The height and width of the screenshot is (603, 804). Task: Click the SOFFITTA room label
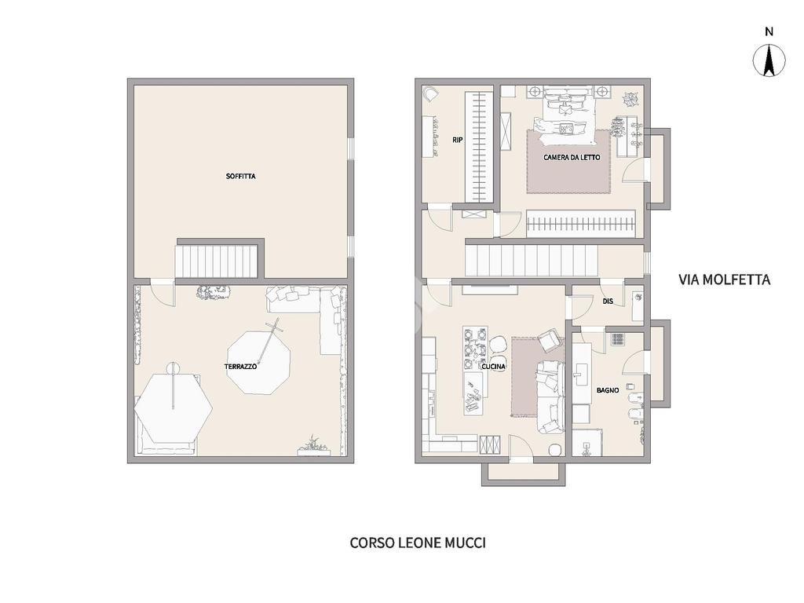(240, 177)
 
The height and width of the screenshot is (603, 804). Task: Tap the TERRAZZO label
(240, 367)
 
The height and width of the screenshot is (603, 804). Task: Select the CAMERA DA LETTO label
(572, 157)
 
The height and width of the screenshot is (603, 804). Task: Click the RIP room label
(458, 140)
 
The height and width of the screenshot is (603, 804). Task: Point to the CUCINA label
(493, 367)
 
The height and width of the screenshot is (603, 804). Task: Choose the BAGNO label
(608, 390)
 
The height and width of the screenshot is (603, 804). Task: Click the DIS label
(608, 301)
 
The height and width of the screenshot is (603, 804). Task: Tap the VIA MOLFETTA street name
(724, 280)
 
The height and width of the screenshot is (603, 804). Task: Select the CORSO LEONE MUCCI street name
(418, 543)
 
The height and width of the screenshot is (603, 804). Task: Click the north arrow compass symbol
(769, 60)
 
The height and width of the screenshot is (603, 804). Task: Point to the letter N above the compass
(769, 31)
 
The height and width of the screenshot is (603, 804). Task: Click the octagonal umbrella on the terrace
(258, 363)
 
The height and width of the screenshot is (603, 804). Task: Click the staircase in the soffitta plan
(217, 261)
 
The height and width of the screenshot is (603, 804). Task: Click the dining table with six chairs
(475, 348)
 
